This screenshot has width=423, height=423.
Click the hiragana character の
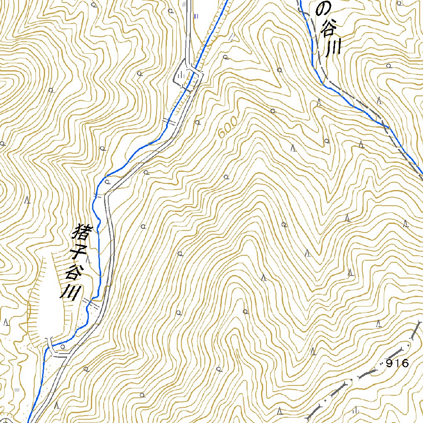click(x=324, y=8)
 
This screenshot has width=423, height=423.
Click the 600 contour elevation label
click(x=228, y=128)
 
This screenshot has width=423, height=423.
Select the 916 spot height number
click(x=397, y=364)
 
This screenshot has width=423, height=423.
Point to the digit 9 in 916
click(x=389, y=364)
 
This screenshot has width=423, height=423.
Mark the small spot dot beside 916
click(x=381, y=364)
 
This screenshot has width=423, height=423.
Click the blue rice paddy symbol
click(x=196, y=16)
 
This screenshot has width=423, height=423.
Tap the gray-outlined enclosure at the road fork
click(x=181, y=76)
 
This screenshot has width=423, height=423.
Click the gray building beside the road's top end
click(x=184, y=5)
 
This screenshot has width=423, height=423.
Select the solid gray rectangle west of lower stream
click(x=17, y=390)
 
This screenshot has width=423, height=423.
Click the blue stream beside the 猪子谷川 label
click(x=99, y=248)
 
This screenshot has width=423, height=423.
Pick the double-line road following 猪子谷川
click(x=111, y=248)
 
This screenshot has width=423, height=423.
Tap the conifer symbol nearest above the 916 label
click(x=379, y=324)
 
